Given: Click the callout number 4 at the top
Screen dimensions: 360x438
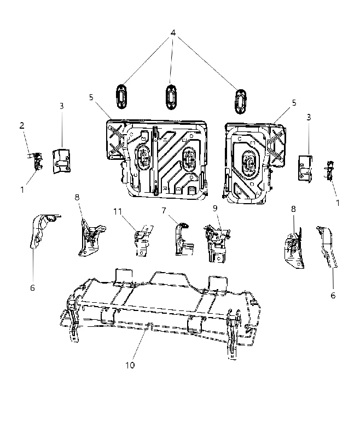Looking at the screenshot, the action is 173,33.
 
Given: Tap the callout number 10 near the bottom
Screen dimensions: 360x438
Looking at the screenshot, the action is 130,365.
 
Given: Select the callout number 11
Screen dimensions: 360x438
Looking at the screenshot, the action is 118,211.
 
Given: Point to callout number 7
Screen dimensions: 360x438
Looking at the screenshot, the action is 164,210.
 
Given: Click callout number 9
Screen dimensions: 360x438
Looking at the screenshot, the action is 215,208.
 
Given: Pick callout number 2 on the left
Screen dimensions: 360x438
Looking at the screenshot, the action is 22,125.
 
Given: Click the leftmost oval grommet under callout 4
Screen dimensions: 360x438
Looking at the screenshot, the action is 121,97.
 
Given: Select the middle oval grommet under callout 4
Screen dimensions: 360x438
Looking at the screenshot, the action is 171,97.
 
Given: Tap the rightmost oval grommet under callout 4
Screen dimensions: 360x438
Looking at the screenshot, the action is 240,101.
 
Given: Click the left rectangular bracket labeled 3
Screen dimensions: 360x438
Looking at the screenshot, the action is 61,161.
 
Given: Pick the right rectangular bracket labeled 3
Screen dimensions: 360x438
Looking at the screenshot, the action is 305,168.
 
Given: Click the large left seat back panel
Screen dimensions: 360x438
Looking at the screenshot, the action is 157,159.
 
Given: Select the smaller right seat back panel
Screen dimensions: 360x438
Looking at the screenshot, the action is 254,163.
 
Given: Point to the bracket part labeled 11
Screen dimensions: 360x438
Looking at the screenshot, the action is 143,240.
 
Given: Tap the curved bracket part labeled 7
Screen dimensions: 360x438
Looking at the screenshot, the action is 183,239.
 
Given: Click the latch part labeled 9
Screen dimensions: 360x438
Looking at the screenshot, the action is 217,243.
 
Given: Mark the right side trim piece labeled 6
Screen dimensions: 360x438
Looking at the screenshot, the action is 327,246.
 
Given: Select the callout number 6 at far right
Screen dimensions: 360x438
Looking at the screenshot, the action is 333,295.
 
